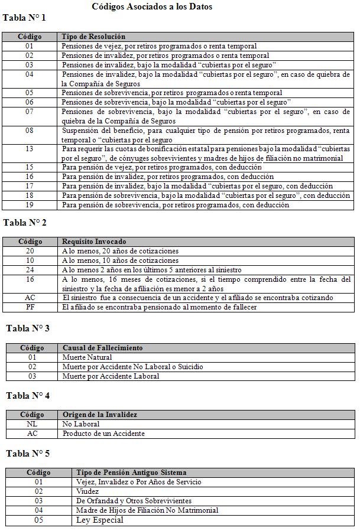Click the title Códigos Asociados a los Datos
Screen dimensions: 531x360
pos(152,6)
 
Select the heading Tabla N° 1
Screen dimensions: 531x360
pos(24,18)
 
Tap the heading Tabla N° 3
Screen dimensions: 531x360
pos(28,328)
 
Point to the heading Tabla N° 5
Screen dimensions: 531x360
pos(28,453)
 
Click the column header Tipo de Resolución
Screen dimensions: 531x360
pos(93,37)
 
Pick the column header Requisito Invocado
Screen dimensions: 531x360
pos(94,242)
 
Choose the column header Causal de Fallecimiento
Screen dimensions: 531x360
pos(102,348)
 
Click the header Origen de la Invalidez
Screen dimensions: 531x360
pos(99,415)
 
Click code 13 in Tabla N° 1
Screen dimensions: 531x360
pos(30,149)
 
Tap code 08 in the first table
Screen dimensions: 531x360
pos(30,131)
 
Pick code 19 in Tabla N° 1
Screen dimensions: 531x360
pos(30,205)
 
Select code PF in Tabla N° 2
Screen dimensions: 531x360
pos(30,308)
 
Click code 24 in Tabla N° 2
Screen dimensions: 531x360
pos(30,270)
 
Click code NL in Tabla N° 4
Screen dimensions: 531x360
pos(33,424)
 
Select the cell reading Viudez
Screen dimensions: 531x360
pos(88,491)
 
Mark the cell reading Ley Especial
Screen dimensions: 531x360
pos(100,520)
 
